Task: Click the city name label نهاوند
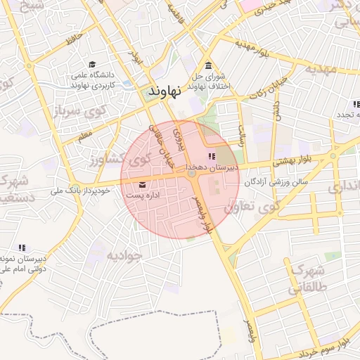point(166,91)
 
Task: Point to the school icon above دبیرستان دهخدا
point(212,156)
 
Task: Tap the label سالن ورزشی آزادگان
point(277,181)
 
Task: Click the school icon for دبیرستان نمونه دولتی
point(22,247)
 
